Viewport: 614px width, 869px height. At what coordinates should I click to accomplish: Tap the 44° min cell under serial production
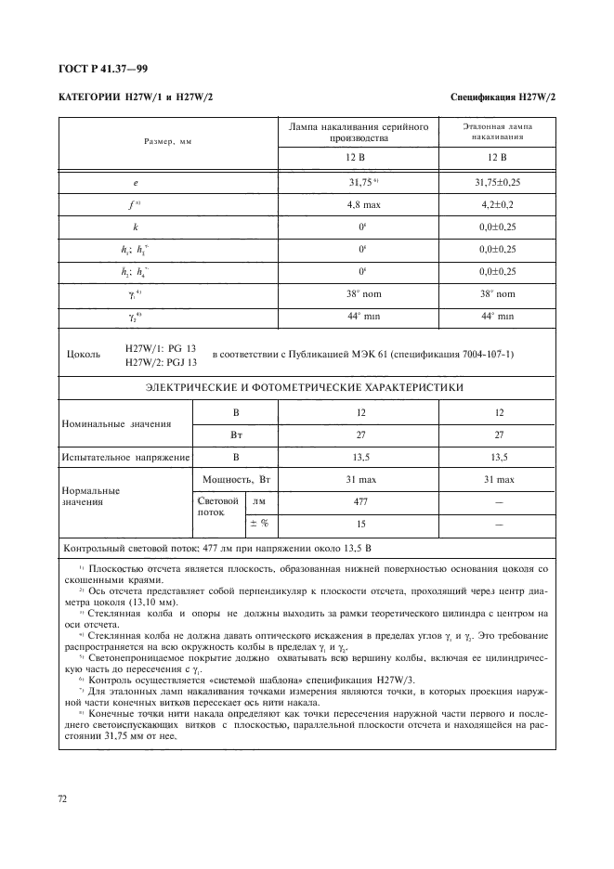(359, 317)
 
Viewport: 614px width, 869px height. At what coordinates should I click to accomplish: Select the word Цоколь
(85, 354)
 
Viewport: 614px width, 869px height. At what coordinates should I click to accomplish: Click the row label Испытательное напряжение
(125, 457)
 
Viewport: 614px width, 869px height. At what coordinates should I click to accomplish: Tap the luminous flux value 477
(359, 501)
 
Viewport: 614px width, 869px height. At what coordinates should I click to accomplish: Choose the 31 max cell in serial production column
(359, 479)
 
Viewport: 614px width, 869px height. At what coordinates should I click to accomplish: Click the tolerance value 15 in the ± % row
(359, 524)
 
